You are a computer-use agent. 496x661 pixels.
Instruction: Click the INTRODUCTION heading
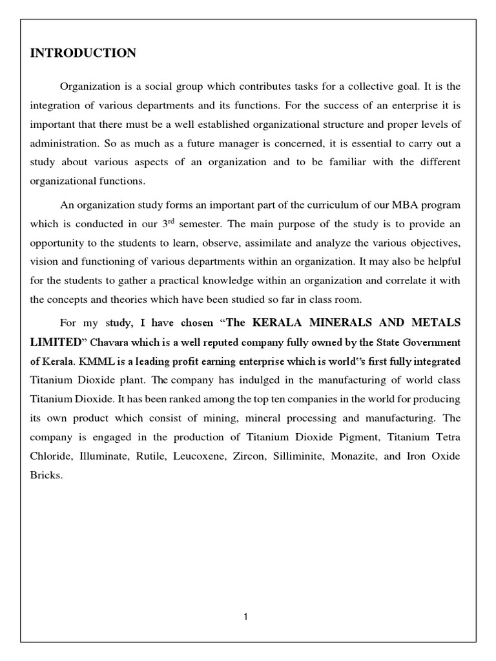click(83, 54)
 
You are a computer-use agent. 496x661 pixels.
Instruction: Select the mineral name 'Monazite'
click(353, 456)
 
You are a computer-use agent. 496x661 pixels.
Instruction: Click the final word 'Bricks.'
click(46, 475)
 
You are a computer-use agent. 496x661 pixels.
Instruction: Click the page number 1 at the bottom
click(246, 617)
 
